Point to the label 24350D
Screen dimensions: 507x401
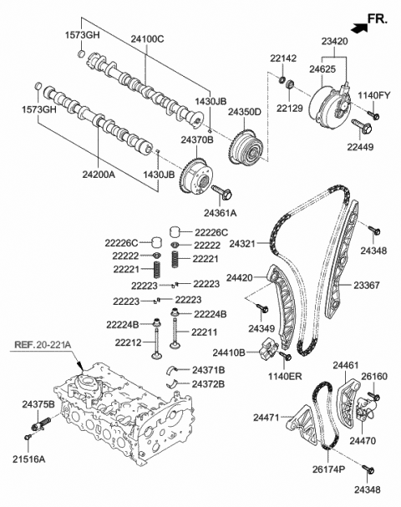[x=245, y=111]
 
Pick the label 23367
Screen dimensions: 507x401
[x=368, y=285]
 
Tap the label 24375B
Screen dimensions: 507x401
[x=38, y=405]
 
